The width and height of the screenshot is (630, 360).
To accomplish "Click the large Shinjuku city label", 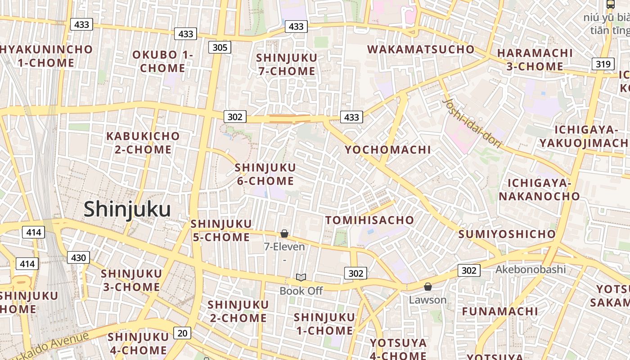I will tap(127, 210).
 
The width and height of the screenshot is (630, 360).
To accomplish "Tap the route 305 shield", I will tap(220, 47).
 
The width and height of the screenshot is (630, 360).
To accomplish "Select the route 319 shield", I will tap(603, 64).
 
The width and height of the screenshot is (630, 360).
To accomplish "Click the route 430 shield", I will tap(78, 258).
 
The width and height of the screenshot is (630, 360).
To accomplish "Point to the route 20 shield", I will tap(182, 333).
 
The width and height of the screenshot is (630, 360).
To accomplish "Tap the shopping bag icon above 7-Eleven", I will tap(284, 234).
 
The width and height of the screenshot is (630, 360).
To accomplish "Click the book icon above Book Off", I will tap(301, 278).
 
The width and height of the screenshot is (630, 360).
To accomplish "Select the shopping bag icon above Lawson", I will tap(428, 287).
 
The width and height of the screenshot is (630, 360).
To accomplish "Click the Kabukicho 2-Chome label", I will tap(143, 143).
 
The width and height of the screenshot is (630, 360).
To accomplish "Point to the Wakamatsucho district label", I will tap(421, 49).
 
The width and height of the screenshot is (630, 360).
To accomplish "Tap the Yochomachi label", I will tap(388, 150).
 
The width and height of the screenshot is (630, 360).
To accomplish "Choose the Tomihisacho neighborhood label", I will tap(369, 220).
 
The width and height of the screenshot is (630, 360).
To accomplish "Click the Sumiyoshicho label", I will tap(507, 234).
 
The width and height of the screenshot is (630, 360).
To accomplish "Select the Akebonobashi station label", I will tap(531, 270).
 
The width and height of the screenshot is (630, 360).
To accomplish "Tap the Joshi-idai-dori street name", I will tap(472, 123).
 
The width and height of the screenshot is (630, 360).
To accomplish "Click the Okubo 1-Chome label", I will tap(162, 62).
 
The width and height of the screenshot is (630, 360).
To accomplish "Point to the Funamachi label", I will tap(500, 311).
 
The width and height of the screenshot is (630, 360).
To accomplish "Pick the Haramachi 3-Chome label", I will tap(535, 60).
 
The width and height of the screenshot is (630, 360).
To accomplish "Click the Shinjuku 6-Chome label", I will tap(265, 175).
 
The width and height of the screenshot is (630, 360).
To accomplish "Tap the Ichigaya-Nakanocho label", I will tap(539, 189).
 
